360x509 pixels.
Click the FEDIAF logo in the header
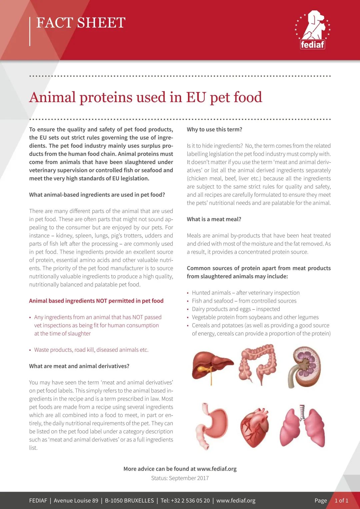312,30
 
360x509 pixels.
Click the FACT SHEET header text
81,23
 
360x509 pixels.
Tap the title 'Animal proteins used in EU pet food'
146,97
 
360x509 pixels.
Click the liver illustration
212,366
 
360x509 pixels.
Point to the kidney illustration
304,367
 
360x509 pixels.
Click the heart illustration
254,428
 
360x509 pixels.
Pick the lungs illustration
303,427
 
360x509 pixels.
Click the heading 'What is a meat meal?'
214,219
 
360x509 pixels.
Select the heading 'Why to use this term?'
214,129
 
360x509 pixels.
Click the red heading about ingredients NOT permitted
96,301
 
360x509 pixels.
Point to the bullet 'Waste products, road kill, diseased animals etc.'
91,350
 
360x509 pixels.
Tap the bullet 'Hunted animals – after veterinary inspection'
246,293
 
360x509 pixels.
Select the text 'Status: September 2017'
180,478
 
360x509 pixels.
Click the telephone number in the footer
185,501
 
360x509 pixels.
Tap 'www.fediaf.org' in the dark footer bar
236,501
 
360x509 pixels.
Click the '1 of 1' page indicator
341,501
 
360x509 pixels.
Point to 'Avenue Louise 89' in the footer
76,501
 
